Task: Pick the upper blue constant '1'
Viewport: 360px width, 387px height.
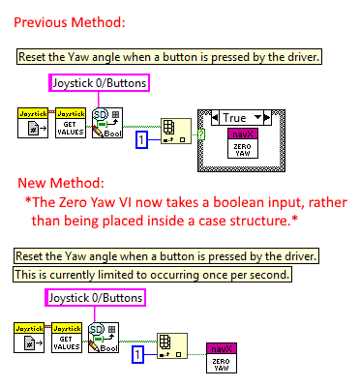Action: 140,141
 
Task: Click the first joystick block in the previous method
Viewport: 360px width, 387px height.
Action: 32,123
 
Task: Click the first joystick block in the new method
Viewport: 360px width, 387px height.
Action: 32,340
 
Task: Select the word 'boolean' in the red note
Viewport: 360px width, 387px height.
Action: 193,204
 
